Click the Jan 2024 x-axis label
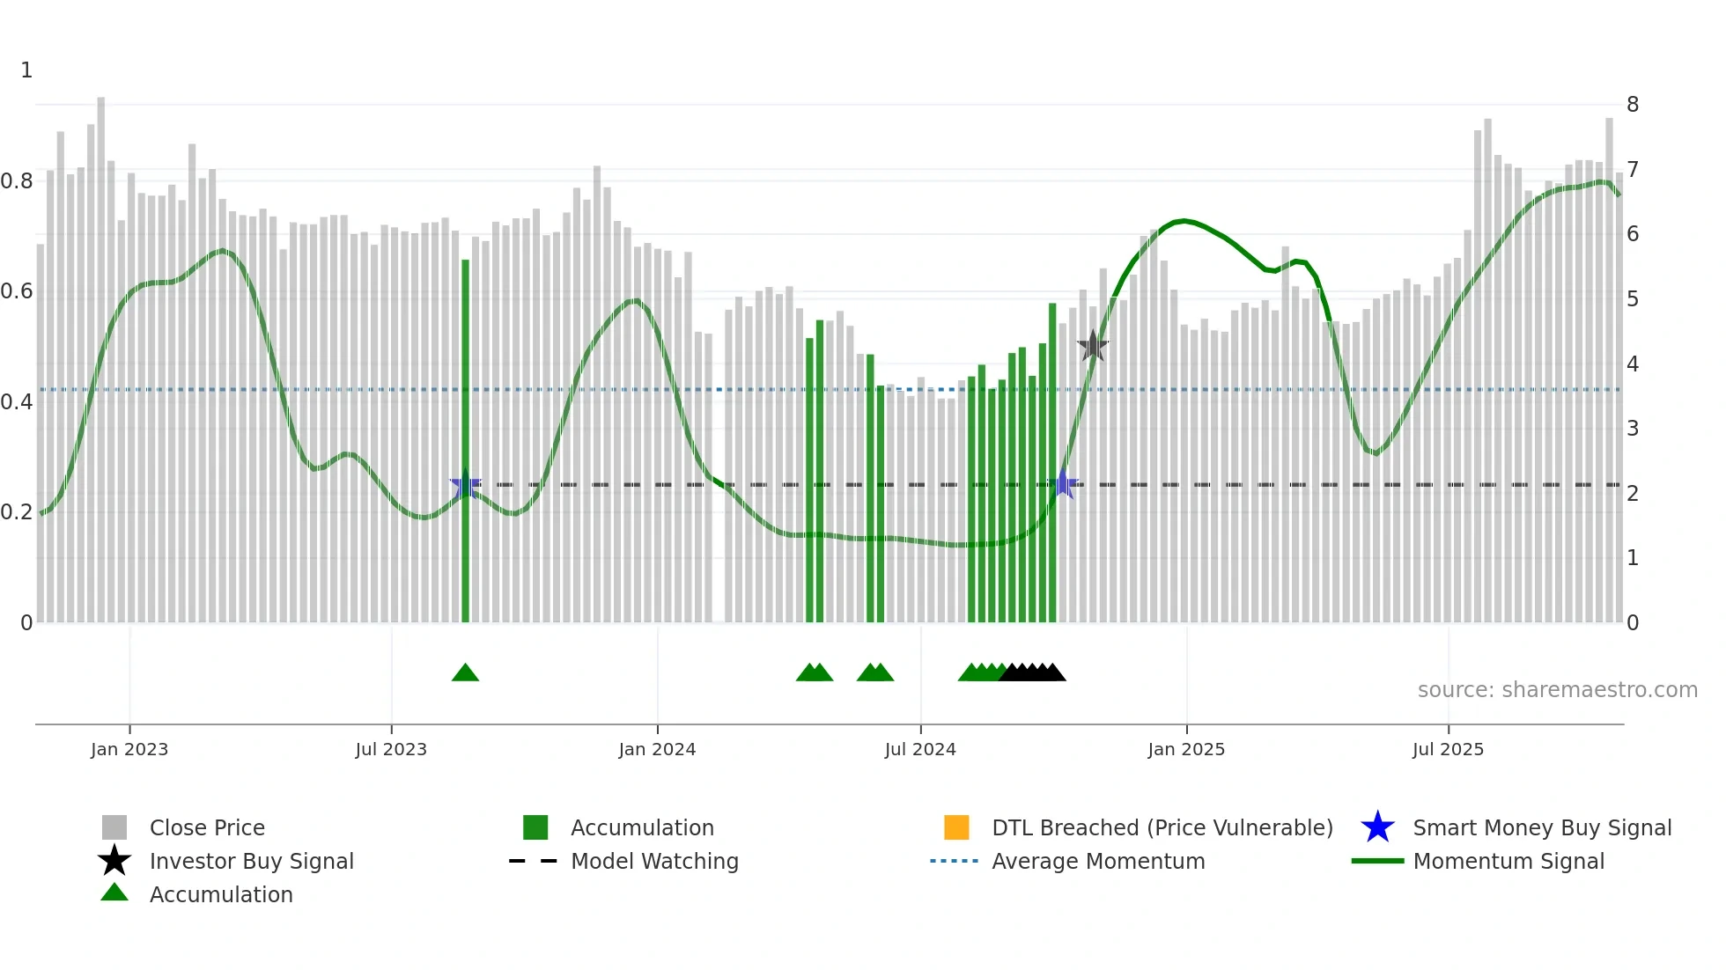click(x=657, y=749)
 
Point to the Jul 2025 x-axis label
click(x=1448, y=749)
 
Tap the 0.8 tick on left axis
click(x=17, y=181)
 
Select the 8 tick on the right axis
click(x=1632, y=105)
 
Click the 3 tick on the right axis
click(x=1632, y=429)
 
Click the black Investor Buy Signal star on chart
click(x=1093, y=346)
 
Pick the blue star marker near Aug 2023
click(x=465, y=484)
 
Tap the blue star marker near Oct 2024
click(x=1063, y=484)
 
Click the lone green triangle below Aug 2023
click(x=465, y=673)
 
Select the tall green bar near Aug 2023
click(x=465, y=440)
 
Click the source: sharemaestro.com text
click(x=1557, y=690)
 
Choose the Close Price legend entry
click(x=207, y=827)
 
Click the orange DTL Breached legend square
click(x=956, y=827)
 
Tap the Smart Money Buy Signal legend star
click(x=1377, y=827)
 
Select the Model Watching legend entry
click(x=654, y=861)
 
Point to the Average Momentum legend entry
click(x=1097, y=861)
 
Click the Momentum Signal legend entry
click(x=1508, y=861)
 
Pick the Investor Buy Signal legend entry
click(x=251, y=861)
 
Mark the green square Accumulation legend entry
click(x=535, y=827)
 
